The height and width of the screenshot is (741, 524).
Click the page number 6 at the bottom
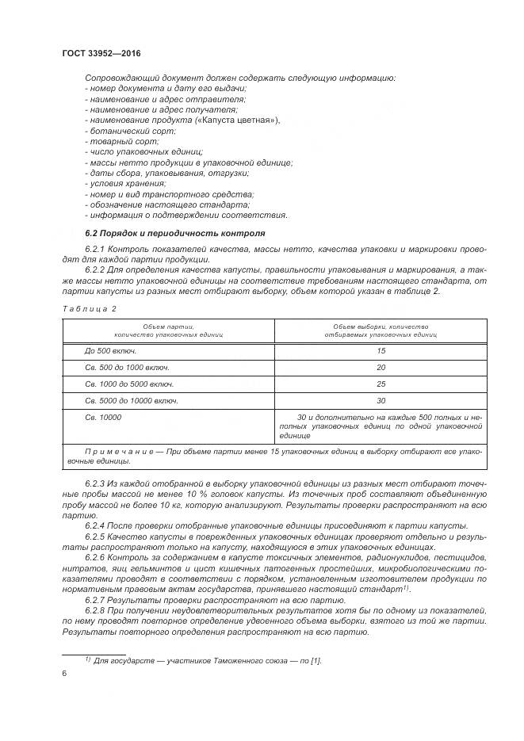pos(64,673)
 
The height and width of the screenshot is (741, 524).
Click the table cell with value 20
pos(381,367)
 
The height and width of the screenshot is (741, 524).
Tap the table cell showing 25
pos(381,384)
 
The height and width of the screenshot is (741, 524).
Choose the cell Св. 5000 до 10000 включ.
pos(132,400)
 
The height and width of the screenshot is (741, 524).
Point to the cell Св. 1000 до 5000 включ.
pos(128,384)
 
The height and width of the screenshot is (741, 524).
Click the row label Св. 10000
pos(104,417)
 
